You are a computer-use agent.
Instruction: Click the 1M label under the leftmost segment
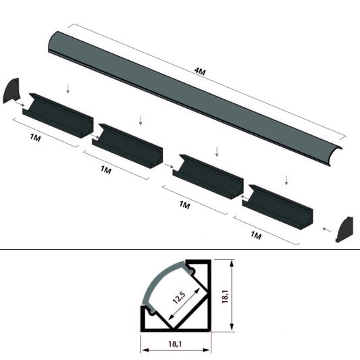pos(36,138)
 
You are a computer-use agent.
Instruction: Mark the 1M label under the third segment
pos(184,203)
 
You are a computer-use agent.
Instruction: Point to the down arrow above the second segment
pos(140,120)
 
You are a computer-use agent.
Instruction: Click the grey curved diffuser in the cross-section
pos(161,280)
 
